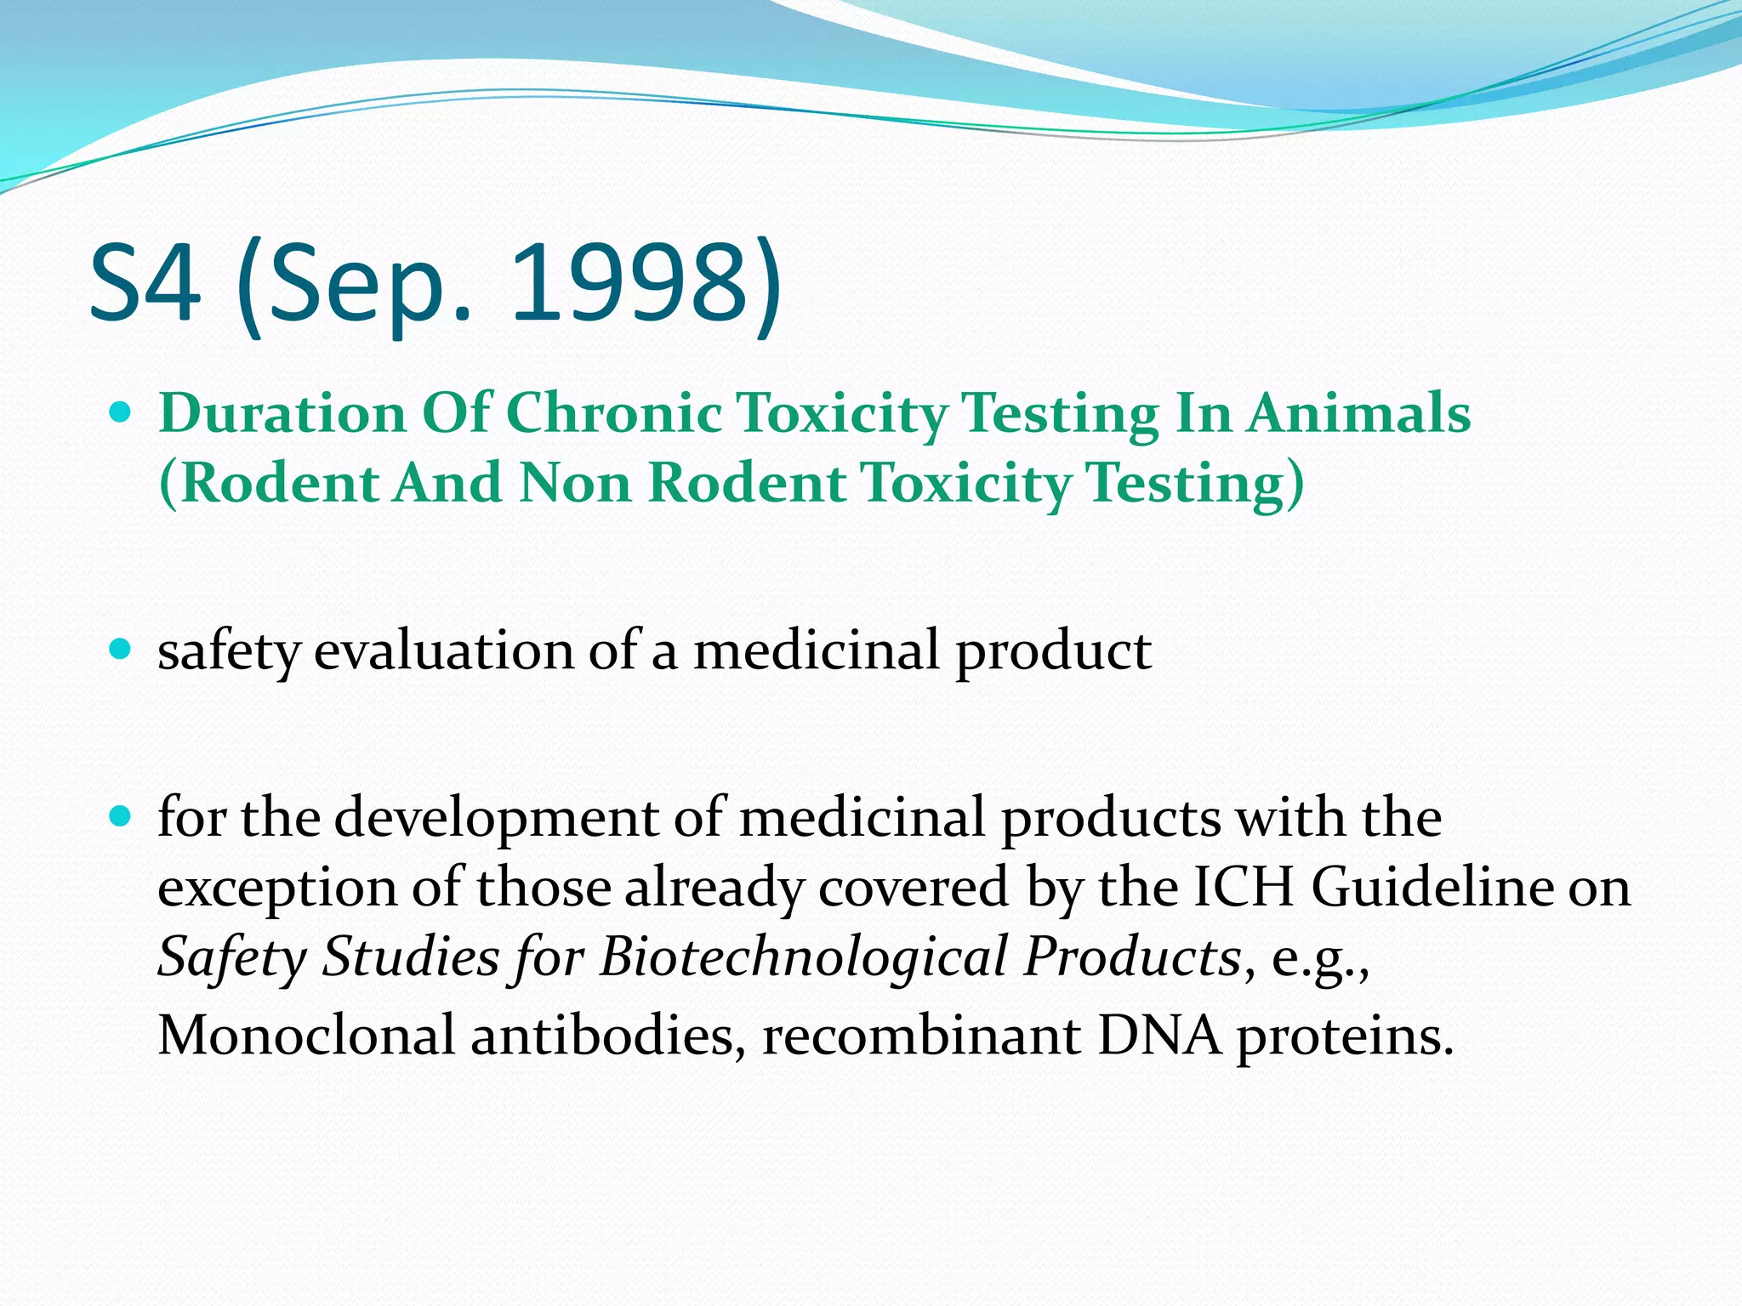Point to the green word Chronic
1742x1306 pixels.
[614, 414]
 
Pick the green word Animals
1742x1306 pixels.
[1358, 414]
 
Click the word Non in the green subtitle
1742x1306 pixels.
[576, 484]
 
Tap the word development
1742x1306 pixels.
[497, 819]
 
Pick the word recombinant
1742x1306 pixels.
[921, 1036]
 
